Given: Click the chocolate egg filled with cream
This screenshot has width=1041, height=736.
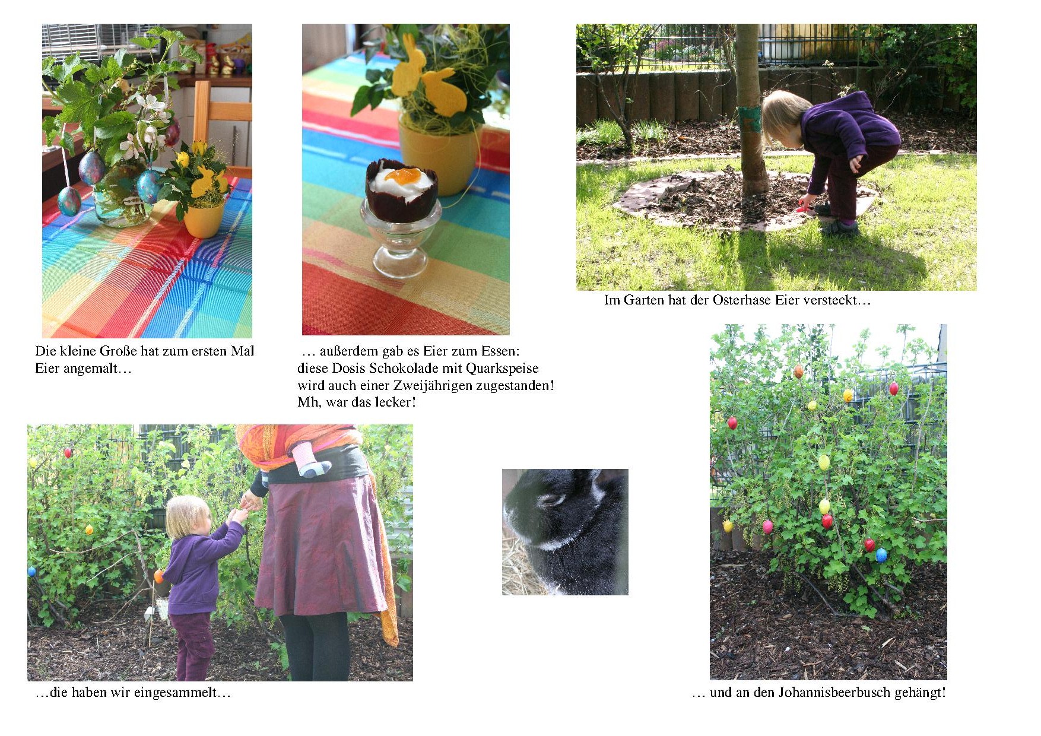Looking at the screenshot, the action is [x=401, y=191].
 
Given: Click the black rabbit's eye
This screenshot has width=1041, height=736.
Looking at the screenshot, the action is [x=553, y=500].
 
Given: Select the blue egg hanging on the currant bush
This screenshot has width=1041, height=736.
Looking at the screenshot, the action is [x=881, y=555].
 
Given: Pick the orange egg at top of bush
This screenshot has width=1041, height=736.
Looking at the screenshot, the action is [x=798, y=372].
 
